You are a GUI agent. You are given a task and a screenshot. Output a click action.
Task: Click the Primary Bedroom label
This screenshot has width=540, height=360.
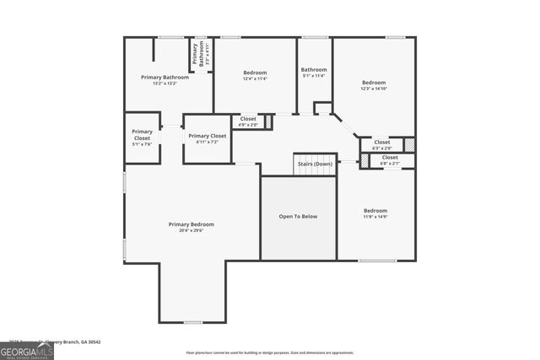pyautogui.click(x=191, y=224)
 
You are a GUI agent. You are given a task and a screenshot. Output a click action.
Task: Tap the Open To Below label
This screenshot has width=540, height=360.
pyautogui.click(x=298, y=217)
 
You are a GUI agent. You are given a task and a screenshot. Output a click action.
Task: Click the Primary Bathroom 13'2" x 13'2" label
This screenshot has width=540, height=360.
pyautogui.click(x=165, y=78)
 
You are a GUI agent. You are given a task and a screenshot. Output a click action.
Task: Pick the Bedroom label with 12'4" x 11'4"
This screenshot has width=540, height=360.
pyautogui.click(x=255, y=73)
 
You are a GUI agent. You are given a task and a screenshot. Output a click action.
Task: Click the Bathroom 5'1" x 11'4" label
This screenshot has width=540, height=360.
pyautogui.click(x=314, y=70)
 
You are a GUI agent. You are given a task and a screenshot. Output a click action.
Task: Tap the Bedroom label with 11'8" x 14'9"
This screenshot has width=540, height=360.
pyautogui.click(x=375, y=210)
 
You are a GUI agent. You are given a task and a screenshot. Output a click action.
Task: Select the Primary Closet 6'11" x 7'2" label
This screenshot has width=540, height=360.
pyautogui.click(x=207, y=136)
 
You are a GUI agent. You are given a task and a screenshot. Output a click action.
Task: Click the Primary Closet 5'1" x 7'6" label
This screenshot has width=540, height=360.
pyautogui.click(x=142, y=135)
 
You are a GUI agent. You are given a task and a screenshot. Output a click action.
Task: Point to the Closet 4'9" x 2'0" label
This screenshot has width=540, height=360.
pyautogui.click(x=248, y=119)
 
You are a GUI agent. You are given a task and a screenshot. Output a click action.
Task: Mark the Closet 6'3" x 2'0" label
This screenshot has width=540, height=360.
pyautogui.click(x=382, y=142)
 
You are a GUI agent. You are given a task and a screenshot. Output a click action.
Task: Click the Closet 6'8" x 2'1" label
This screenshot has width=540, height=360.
pyautogui.click(x=390, y=157)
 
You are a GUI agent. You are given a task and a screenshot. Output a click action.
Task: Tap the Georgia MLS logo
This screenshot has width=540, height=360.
pyautogui.click(x=26, y=350)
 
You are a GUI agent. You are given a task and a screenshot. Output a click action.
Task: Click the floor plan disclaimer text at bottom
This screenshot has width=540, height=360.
pyautogui.click(x=269, y=353)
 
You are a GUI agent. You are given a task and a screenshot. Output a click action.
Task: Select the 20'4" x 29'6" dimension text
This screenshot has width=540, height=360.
pyautogui.click(x=191, y=230)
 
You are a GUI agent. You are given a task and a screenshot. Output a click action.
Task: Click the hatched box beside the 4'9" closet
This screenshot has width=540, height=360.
pyautogui.click(x=269, y=122)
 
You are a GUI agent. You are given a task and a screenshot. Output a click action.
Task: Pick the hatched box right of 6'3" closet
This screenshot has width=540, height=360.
pyautogui.click(x=409, y=143)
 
